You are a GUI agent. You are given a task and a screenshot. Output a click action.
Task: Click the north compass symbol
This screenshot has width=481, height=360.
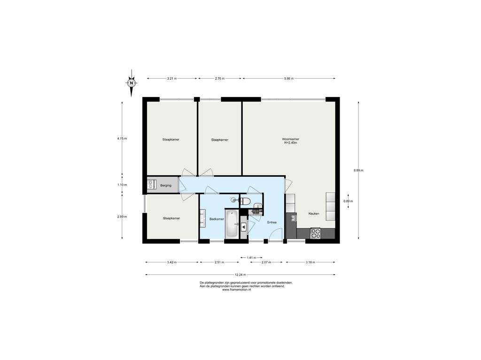(132, 83)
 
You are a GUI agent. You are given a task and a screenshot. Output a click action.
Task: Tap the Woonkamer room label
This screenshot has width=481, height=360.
(290, 139)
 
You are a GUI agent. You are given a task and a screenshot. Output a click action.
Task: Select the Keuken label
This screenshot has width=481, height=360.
(314, 214)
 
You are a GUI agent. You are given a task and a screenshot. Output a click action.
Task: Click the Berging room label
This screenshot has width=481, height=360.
(166, 185)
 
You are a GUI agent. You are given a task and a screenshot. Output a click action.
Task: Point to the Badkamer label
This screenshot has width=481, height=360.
(217, 219)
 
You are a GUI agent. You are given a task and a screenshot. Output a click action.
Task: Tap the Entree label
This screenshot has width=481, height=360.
(272, 222)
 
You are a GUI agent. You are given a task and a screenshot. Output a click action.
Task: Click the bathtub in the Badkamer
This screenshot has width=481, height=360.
(232, 224)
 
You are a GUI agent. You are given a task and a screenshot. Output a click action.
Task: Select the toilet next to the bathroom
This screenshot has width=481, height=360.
(245, 201)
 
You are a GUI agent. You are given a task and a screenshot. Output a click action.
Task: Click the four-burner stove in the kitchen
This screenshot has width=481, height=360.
(315, 233)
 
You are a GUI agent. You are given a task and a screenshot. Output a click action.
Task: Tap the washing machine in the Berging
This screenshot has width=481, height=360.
(151, 184)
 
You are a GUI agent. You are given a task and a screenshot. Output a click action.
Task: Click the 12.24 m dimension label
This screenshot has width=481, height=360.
(240, 275)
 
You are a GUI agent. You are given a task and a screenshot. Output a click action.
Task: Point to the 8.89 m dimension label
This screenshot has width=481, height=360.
(358, 170)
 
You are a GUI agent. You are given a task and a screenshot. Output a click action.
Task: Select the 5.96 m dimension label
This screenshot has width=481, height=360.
(289, 78)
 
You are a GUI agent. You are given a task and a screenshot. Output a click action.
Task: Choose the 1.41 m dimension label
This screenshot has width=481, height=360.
(251, 258)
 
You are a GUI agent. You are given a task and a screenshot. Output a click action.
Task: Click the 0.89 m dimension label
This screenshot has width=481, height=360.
(348, 201)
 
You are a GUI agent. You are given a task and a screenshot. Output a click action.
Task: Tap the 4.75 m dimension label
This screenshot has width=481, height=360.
(122, 138)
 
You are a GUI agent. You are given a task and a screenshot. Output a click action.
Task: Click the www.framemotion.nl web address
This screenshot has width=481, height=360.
(236, 290)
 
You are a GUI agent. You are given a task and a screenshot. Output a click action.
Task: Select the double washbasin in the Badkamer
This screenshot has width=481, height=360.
(203, 218)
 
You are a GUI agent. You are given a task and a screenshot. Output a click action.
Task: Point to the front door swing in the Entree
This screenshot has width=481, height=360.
(275, 234)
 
